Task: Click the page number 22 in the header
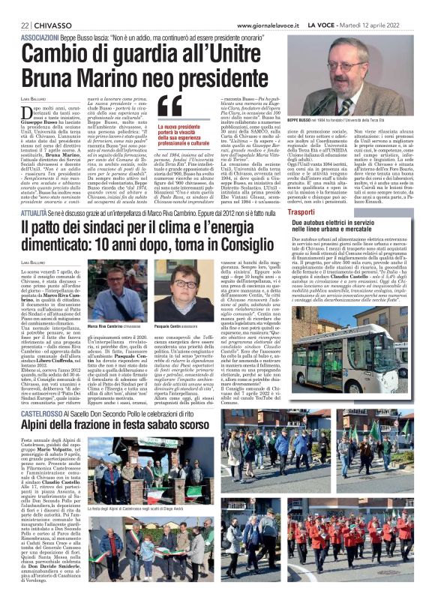tap(14, 7)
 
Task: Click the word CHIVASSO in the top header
tap(44, 7)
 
